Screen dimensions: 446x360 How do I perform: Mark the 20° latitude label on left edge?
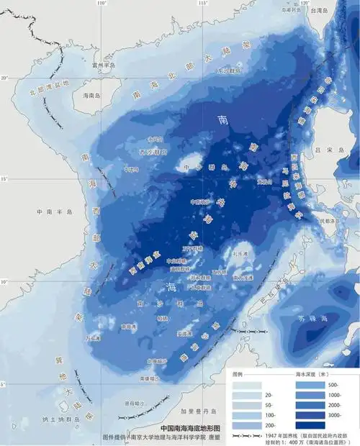tap(4, 78)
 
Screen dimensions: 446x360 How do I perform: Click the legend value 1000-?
tap(336, 396)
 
